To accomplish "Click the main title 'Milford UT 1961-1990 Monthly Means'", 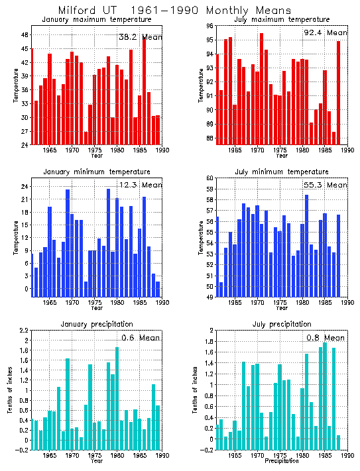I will coord(174,11).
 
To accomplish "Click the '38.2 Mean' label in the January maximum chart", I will coord(139,38).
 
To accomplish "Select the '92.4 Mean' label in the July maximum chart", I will coord(324,32).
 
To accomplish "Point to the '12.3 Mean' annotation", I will coord(139,185).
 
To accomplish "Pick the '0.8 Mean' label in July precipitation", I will coord(324,337).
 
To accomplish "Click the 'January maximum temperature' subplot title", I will coord(96,20).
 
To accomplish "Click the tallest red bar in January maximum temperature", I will coord(144,90).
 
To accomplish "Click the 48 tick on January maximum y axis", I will coord(24,35).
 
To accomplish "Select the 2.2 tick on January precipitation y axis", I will coord(23,331).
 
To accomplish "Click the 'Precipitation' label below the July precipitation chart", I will coord(282,460).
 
